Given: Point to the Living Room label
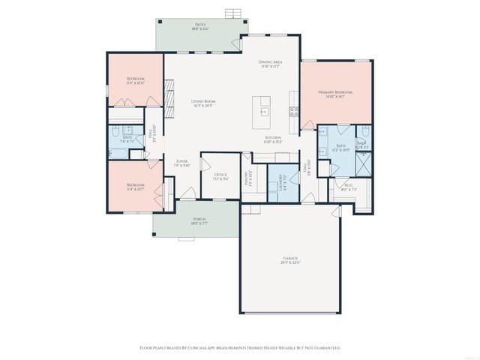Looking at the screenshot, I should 203,102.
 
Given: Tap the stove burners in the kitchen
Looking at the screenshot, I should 294,112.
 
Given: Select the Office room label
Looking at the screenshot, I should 220,176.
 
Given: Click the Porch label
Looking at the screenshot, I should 199,220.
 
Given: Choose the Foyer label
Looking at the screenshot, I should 181,163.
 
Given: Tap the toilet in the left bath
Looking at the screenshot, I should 115,136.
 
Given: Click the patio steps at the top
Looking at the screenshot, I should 235,13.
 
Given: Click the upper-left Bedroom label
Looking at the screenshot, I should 135,80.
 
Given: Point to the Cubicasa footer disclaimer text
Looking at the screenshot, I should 240,348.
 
